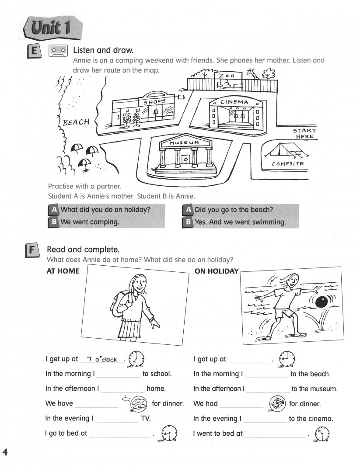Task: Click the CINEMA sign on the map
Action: pyautogui.click(x=234, y=102)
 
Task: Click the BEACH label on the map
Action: pyautogui.click(x=76, y=122)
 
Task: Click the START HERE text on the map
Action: pyautogui.click(x=304, y=133)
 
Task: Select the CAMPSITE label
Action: pyautogui.click(x=287, y=164)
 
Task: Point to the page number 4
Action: pyautogui.click(x=5, y=452)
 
